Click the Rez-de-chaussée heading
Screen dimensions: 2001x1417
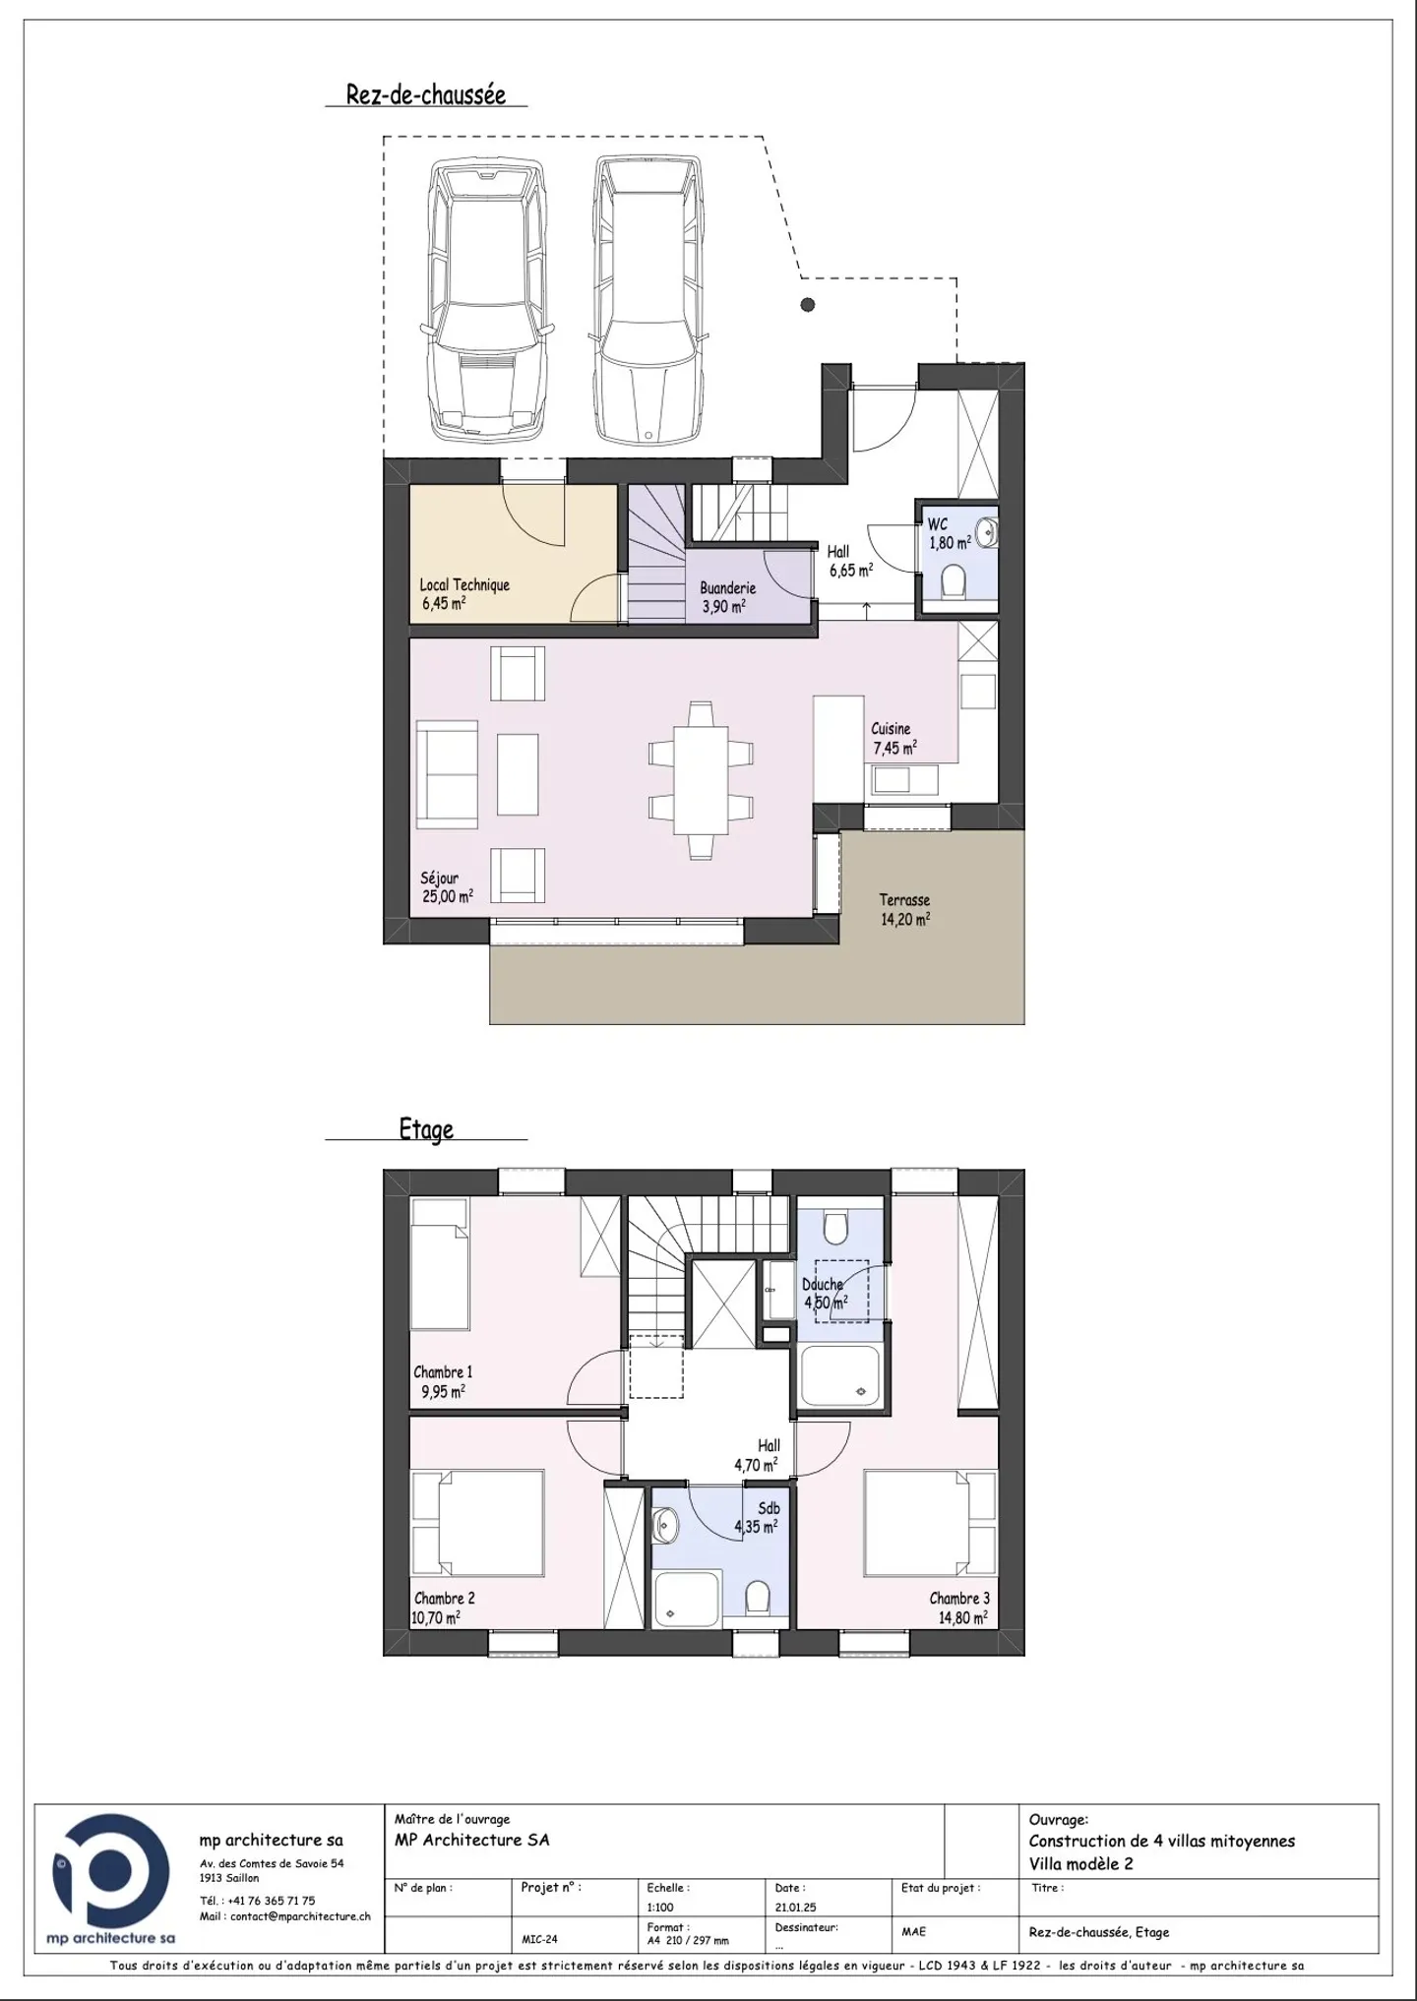(425, 94)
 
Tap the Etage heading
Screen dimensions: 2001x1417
(426, 1128)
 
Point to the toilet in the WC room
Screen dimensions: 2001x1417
(952, 581)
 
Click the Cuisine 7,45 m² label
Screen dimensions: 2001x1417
(893, 739)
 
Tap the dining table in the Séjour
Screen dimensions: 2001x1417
(702, 779)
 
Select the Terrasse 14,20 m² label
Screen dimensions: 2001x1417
(904, 910)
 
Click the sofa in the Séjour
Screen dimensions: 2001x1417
(447, 773)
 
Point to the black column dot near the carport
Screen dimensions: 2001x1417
(808, 305)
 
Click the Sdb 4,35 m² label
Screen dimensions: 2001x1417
(758, 1518)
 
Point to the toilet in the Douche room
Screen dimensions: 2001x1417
(836, 1229)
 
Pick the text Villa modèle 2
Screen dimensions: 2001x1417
(1080, 1863)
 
